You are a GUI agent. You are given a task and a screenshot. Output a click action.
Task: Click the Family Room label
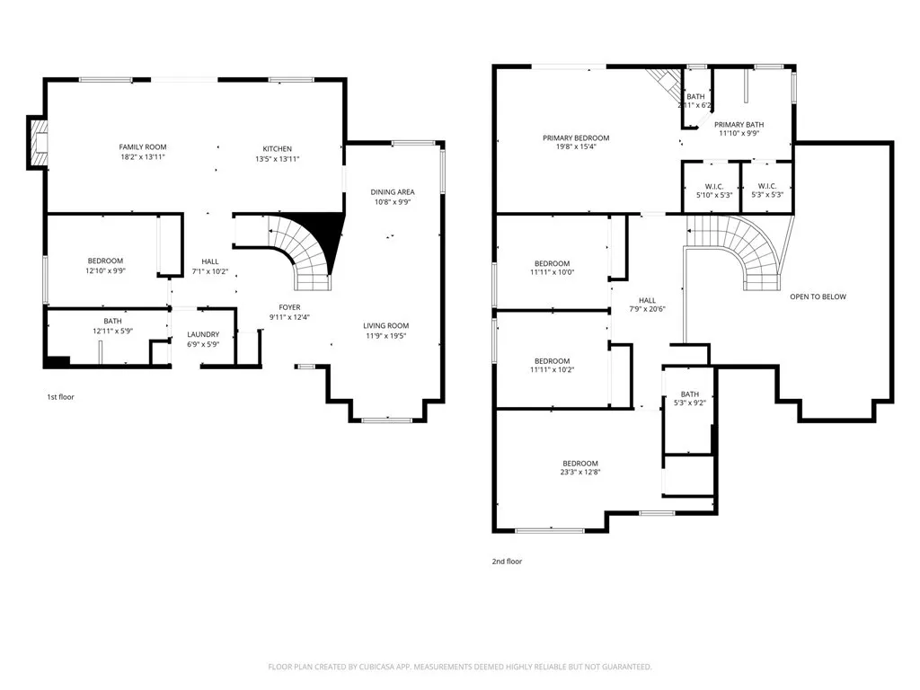143,147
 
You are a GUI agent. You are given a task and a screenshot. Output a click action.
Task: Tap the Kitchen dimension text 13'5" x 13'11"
278,159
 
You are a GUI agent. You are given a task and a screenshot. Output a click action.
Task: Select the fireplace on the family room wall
39,143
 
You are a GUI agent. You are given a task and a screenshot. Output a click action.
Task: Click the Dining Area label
393,192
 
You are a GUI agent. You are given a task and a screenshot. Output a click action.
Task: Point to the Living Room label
386,325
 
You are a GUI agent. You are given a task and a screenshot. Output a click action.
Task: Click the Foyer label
290,307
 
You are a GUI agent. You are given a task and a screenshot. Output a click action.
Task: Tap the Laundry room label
203,334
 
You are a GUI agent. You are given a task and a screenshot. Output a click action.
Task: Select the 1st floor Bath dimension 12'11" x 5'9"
112,331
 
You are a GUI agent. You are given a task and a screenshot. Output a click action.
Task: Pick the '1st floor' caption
60,397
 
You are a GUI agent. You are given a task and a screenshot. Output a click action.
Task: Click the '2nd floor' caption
507,562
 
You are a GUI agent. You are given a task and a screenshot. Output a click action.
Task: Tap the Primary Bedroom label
576,138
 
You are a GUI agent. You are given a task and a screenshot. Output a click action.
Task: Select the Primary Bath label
739,125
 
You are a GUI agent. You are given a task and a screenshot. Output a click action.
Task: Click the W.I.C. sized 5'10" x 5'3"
714,190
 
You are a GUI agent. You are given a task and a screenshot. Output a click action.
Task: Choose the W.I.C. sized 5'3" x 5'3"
767,190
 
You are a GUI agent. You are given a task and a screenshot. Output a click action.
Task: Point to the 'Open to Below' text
818,296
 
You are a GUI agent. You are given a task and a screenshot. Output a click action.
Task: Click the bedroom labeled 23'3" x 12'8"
580,467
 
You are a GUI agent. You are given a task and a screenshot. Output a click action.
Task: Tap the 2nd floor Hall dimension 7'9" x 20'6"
647,309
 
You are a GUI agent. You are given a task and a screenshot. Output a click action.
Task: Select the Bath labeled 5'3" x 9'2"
690,398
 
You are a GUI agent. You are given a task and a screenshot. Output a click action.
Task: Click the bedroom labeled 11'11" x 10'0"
553,268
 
